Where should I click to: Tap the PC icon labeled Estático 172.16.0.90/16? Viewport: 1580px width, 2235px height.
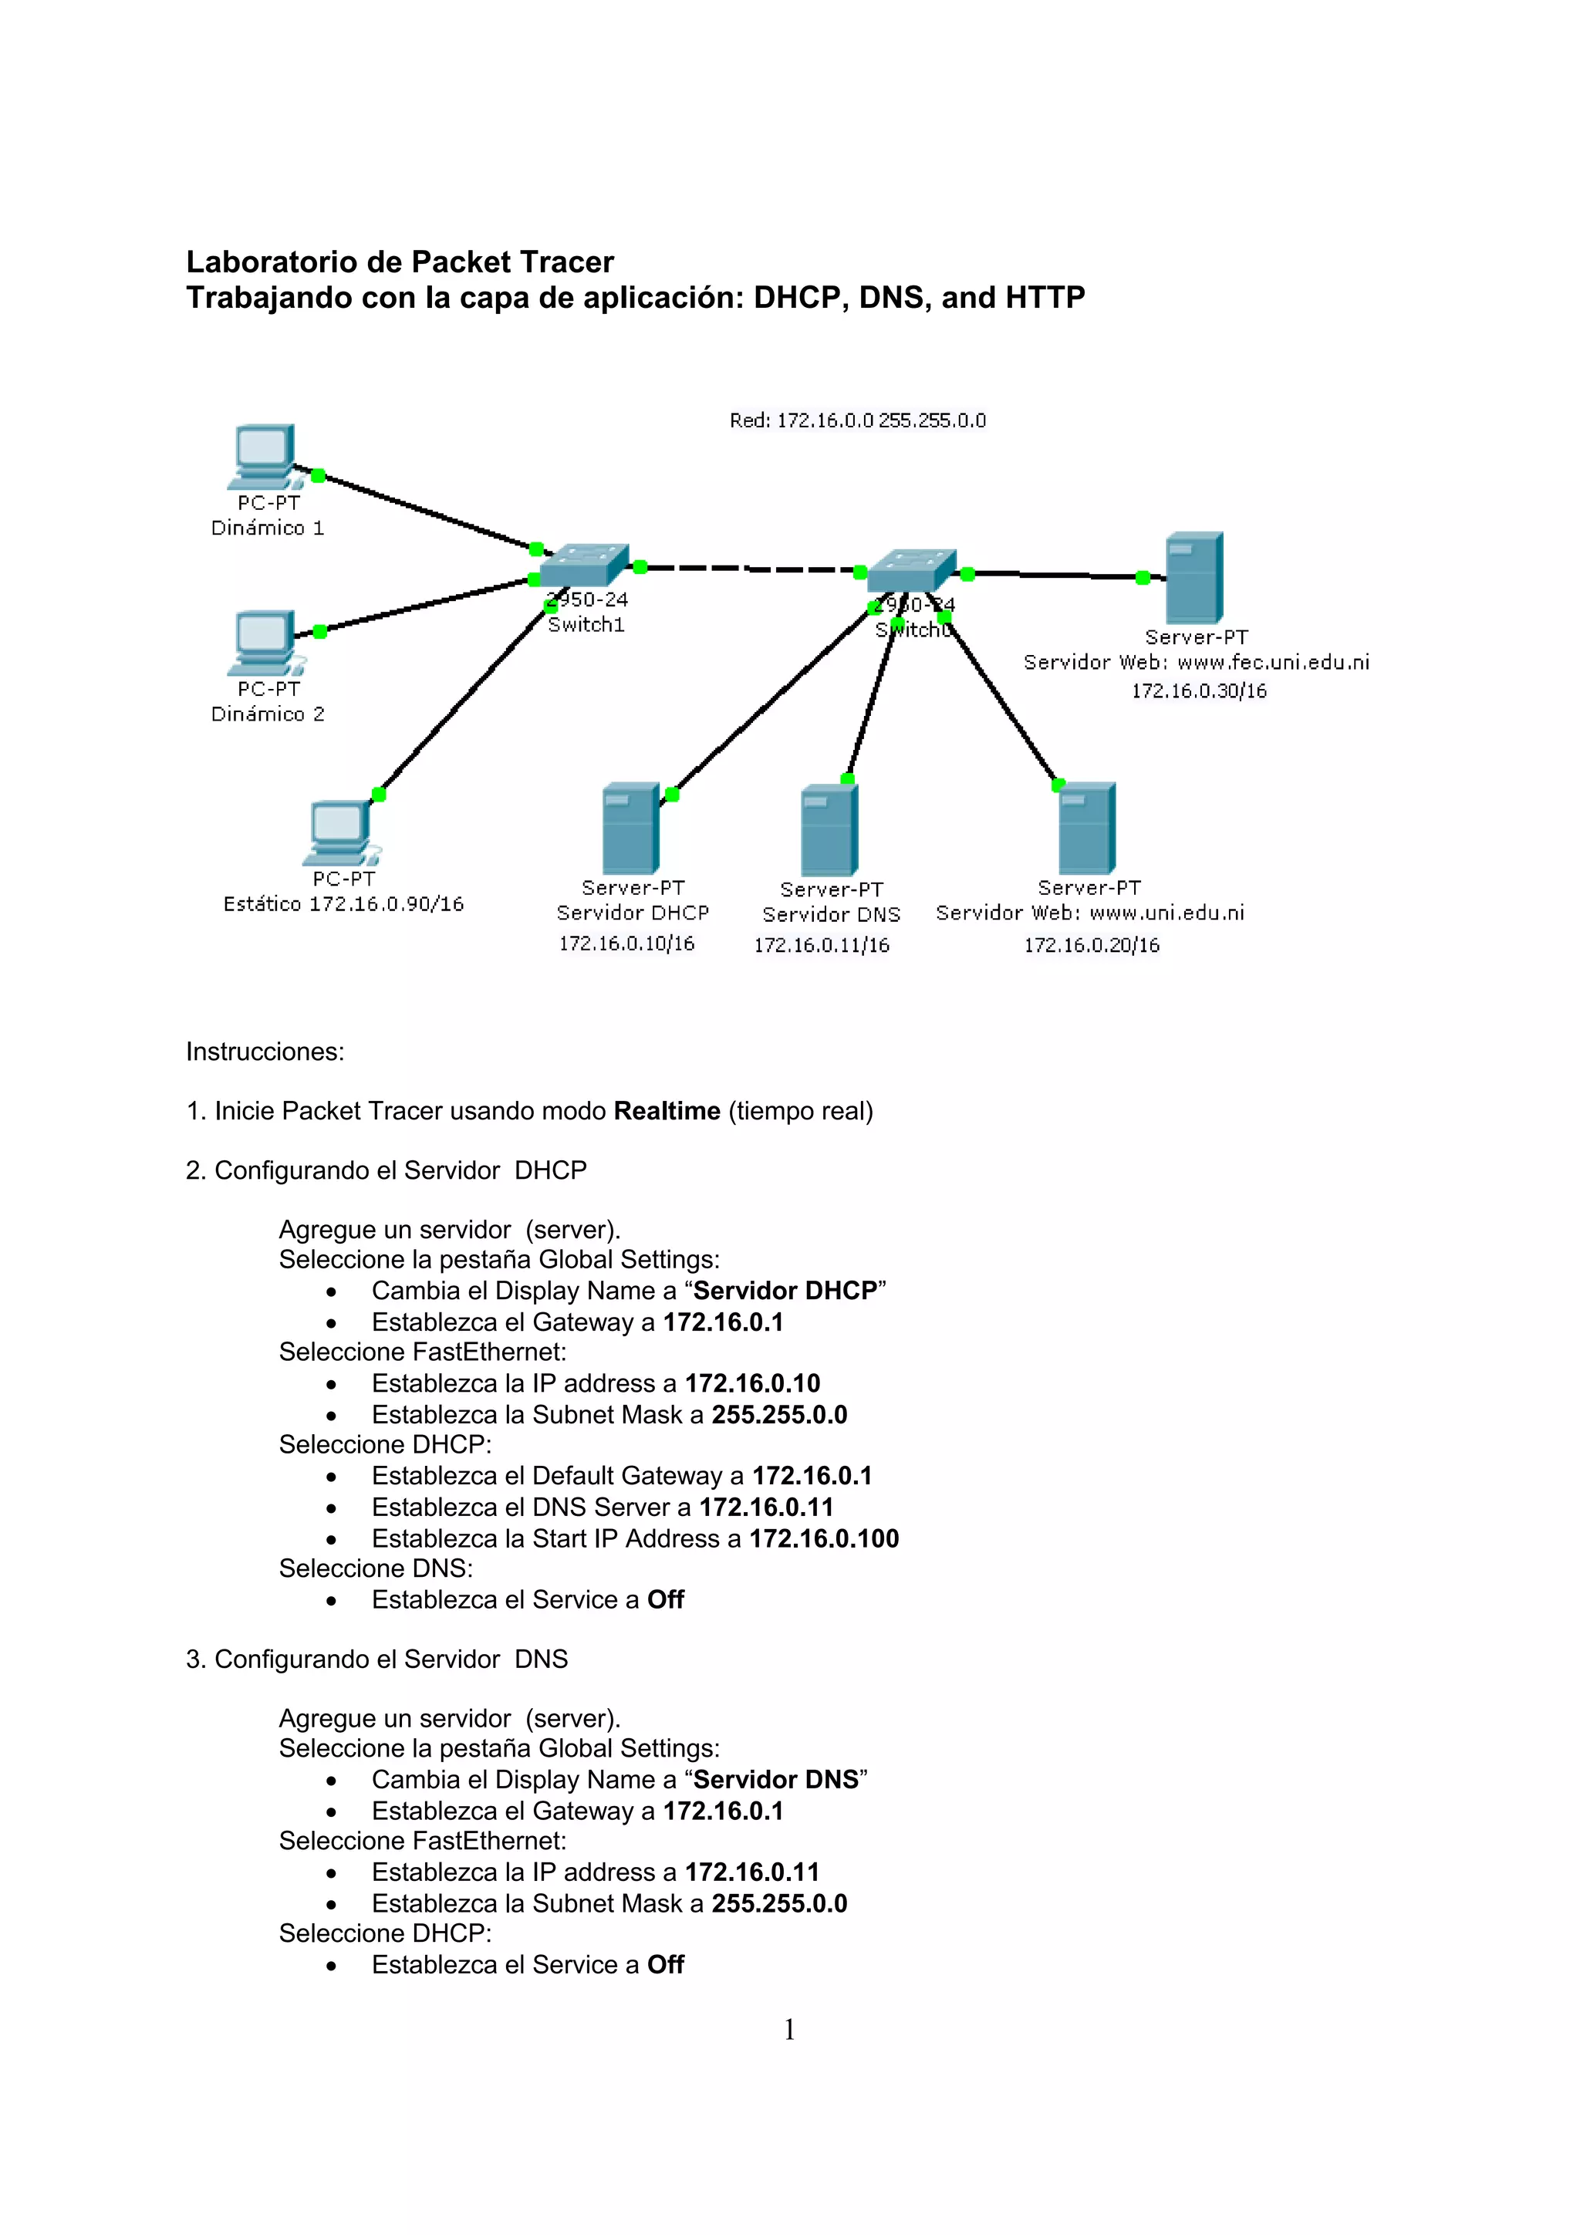click(x=339, y=832)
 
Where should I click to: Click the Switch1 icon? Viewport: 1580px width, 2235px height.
click(x=583, y=565)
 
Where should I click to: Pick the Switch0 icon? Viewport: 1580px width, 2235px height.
click(x=911, y=569)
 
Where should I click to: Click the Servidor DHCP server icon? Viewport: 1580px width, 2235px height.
click(x=631, y=829)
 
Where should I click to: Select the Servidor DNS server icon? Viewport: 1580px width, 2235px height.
click(x=829, y=830)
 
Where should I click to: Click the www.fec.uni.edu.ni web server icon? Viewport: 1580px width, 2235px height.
click(x=1193, y=577)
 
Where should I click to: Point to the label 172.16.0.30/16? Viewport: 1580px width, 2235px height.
click(x=1198, y=691)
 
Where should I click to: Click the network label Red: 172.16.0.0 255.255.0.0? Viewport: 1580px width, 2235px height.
click(x=858, y=420)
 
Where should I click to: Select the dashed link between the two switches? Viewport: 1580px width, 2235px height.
click(x=750, y=569)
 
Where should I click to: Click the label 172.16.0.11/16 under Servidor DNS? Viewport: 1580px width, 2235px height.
click(x=822, y=945)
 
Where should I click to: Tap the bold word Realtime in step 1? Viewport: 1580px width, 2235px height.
click(x=667, y=1112)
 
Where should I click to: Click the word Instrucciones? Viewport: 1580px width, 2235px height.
click(x=265, y=1052)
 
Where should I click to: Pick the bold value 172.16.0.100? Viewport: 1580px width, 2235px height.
click(x=824, y=1539)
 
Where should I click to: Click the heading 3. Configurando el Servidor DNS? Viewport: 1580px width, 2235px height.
click(x=376, y=1659)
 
